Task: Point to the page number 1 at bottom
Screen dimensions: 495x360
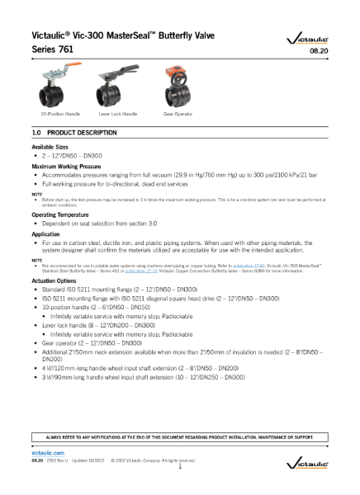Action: tap(179, 467)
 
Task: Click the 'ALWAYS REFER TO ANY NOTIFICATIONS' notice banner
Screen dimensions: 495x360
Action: tap(179, 436)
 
